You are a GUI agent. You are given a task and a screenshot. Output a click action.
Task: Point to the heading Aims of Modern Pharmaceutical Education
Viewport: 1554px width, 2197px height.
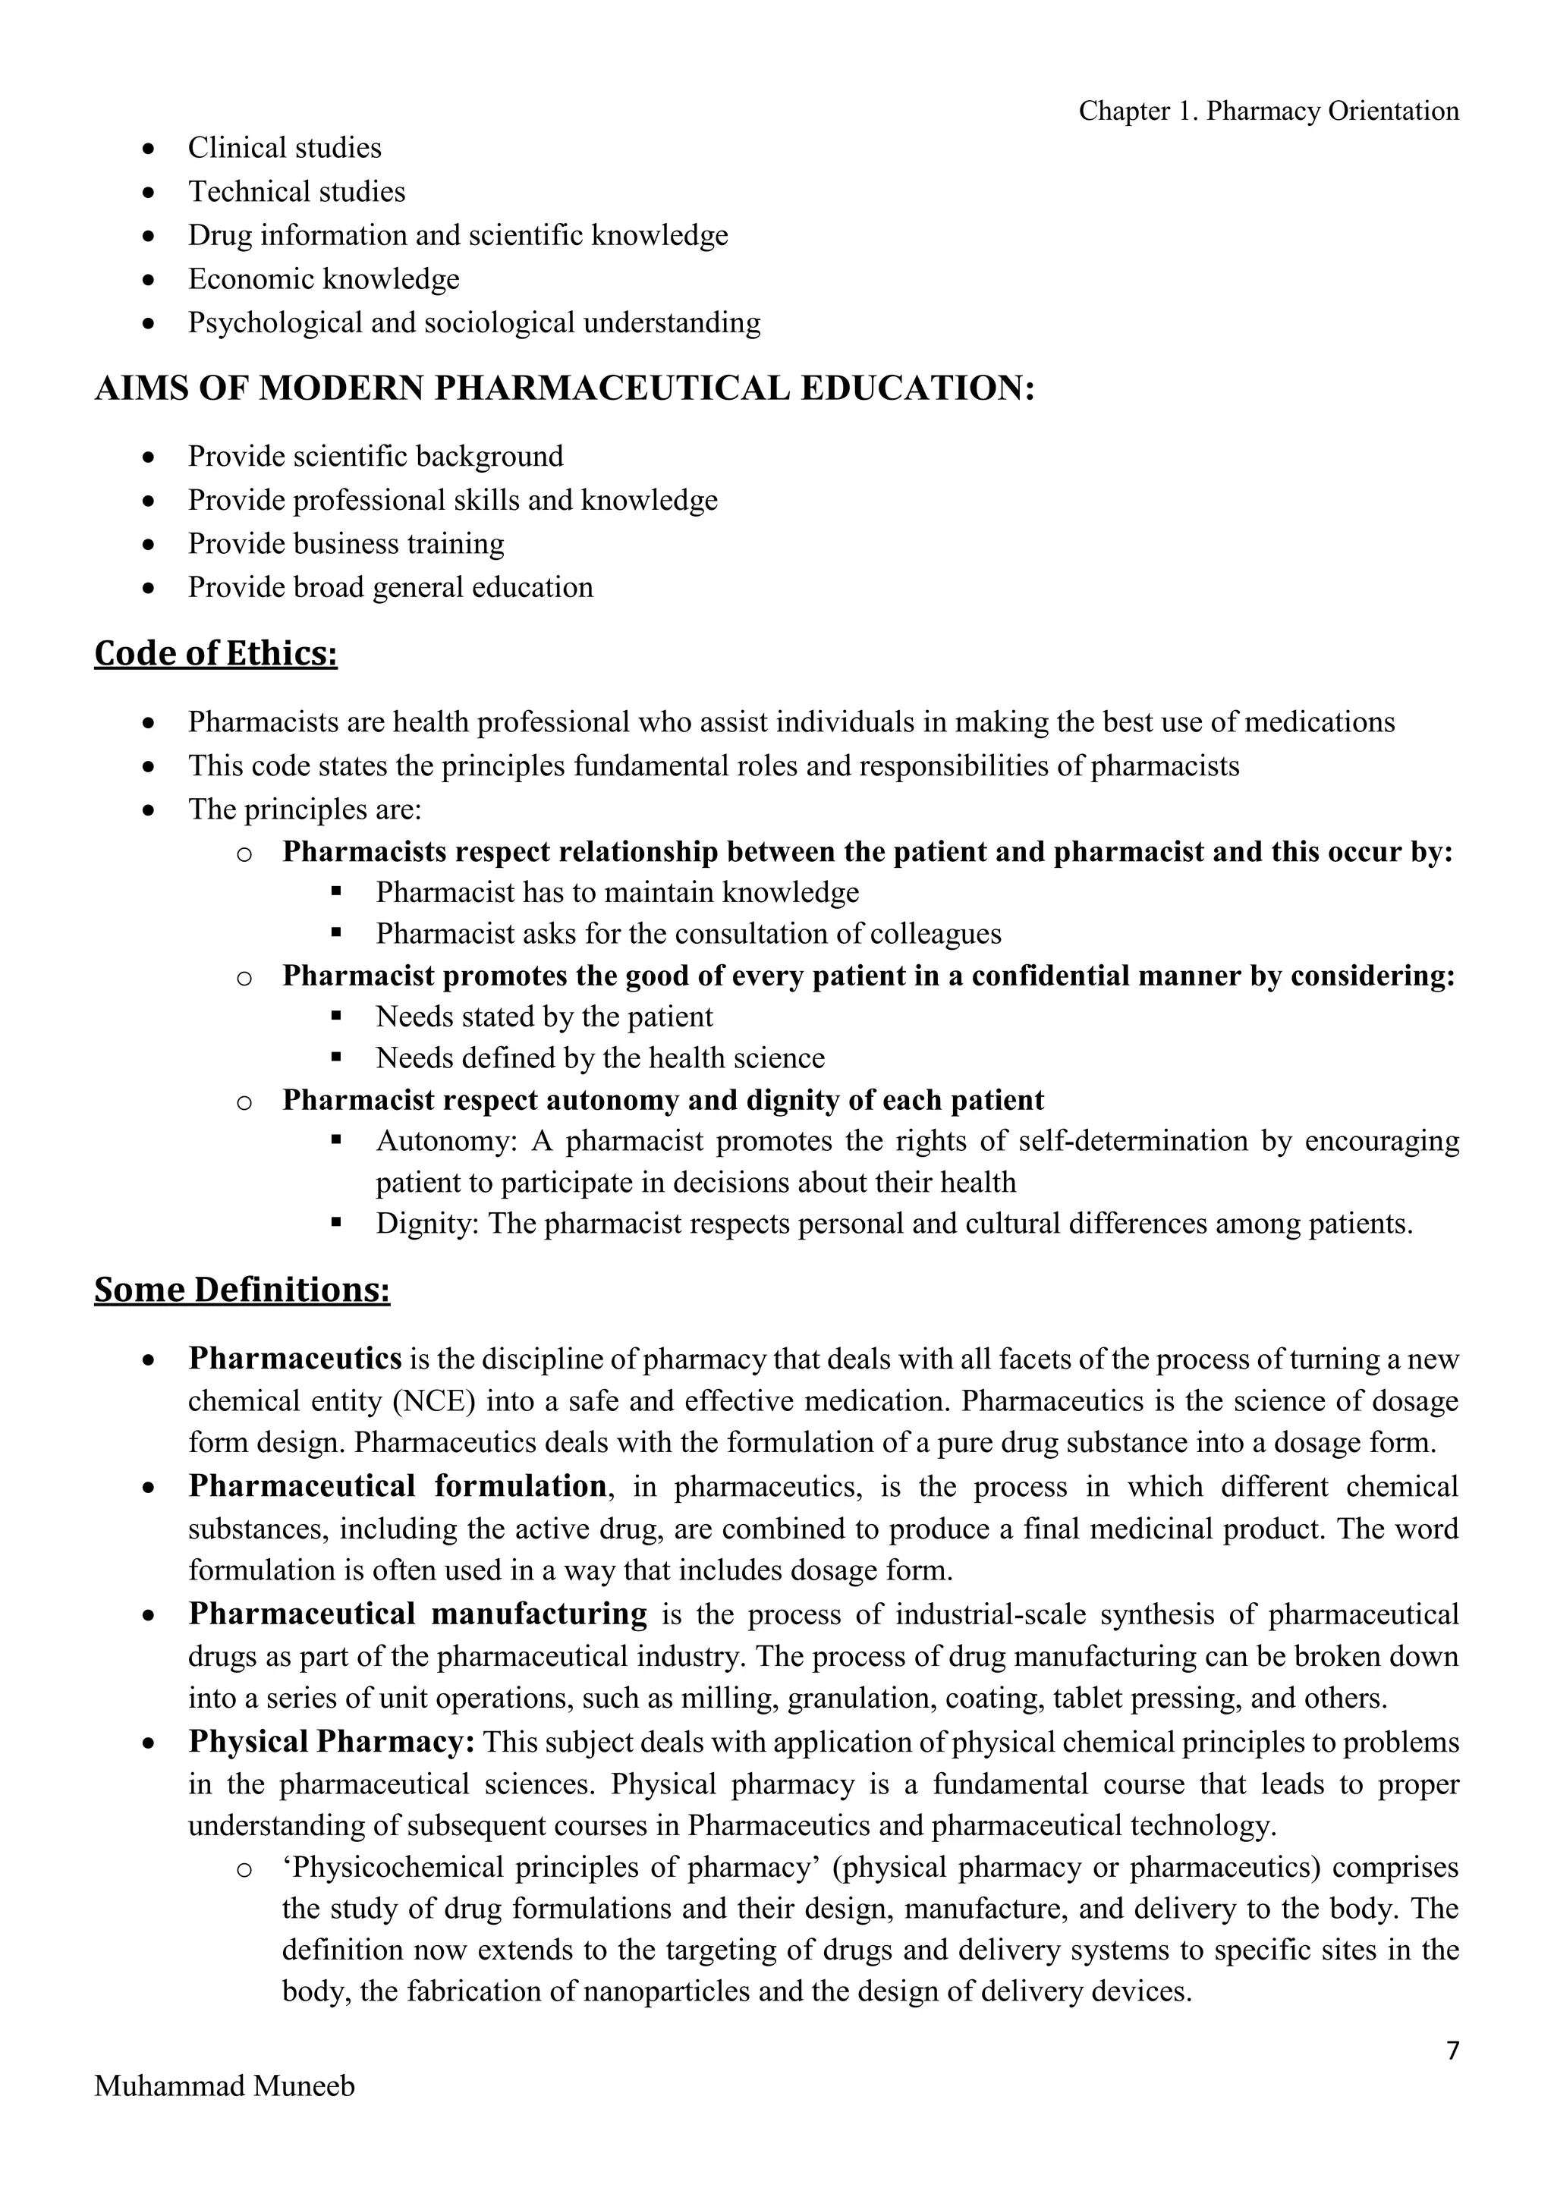(x=565, y=388)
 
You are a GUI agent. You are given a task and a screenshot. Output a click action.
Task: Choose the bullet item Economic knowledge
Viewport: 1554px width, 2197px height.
(x=323, y=278)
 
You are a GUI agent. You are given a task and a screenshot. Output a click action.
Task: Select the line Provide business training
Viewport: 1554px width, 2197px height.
(x=345, y=543)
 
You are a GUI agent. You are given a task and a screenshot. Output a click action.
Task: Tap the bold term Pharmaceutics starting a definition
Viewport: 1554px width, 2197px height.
(x=294, y=1358)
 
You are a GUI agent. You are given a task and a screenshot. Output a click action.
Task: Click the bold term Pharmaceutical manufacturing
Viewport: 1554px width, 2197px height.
(x=417, y=1614)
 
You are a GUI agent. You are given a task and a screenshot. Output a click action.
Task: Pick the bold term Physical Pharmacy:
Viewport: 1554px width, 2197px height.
(x=331, y=1742)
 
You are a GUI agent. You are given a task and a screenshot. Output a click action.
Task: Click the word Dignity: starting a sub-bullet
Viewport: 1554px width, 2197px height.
(x=426, y=1224)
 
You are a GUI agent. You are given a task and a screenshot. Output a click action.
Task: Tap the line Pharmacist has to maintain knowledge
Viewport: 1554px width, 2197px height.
(x=617, y=892)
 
